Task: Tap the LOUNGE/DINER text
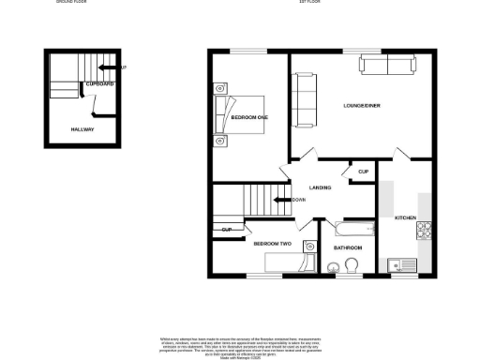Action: (x=361, y=106)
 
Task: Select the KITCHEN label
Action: (x=404, y=217)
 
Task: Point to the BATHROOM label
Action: (x=347, y=247)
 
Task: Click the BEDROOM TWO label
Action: (x=272, y=243)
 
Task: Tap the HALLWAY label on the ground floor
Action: (x=82, y=129)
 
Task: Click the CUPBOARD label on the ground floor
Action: (x=99, y=84)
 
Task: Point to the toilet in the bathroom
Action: (x=352, y=268)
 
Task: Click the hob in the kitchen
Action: (x=423, y=228)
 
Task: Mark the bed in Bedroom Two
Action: (x=288, y=262)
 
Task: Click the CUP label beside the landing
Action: (x=362, y=172)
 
